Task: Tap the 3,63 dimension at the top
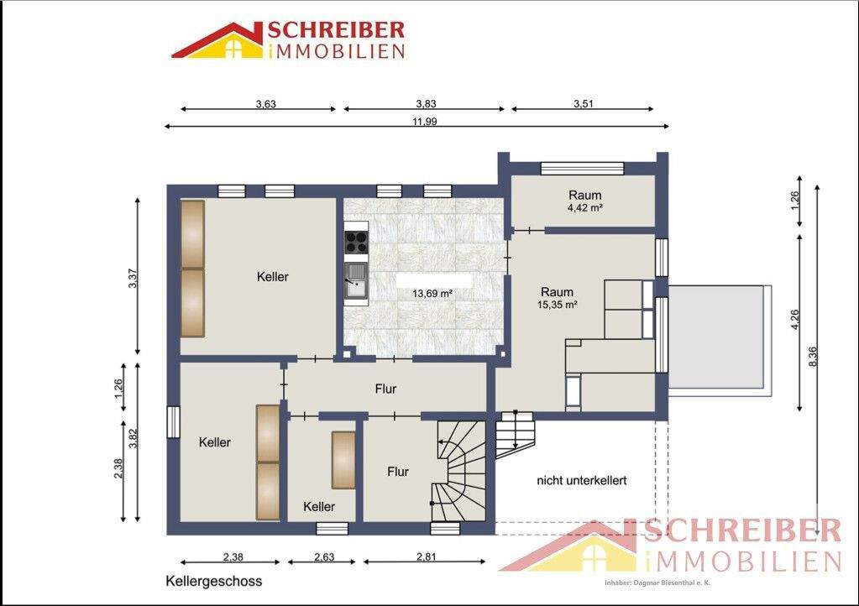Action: (265, 104)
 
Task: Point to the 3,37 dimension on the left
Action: (131, 278)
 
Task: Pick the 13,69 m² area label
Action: (432, 294)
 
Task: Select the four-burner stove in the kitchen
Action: (356, 242)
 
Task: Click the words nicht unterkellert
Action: (582, 481)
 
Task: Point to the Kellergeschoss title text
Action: (214, 581)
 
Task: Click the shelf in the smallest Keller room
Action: (343, 459)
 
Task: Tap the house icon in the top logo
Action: (220, 42)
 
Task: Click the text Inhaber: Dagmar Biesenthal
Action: (657, 582)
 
